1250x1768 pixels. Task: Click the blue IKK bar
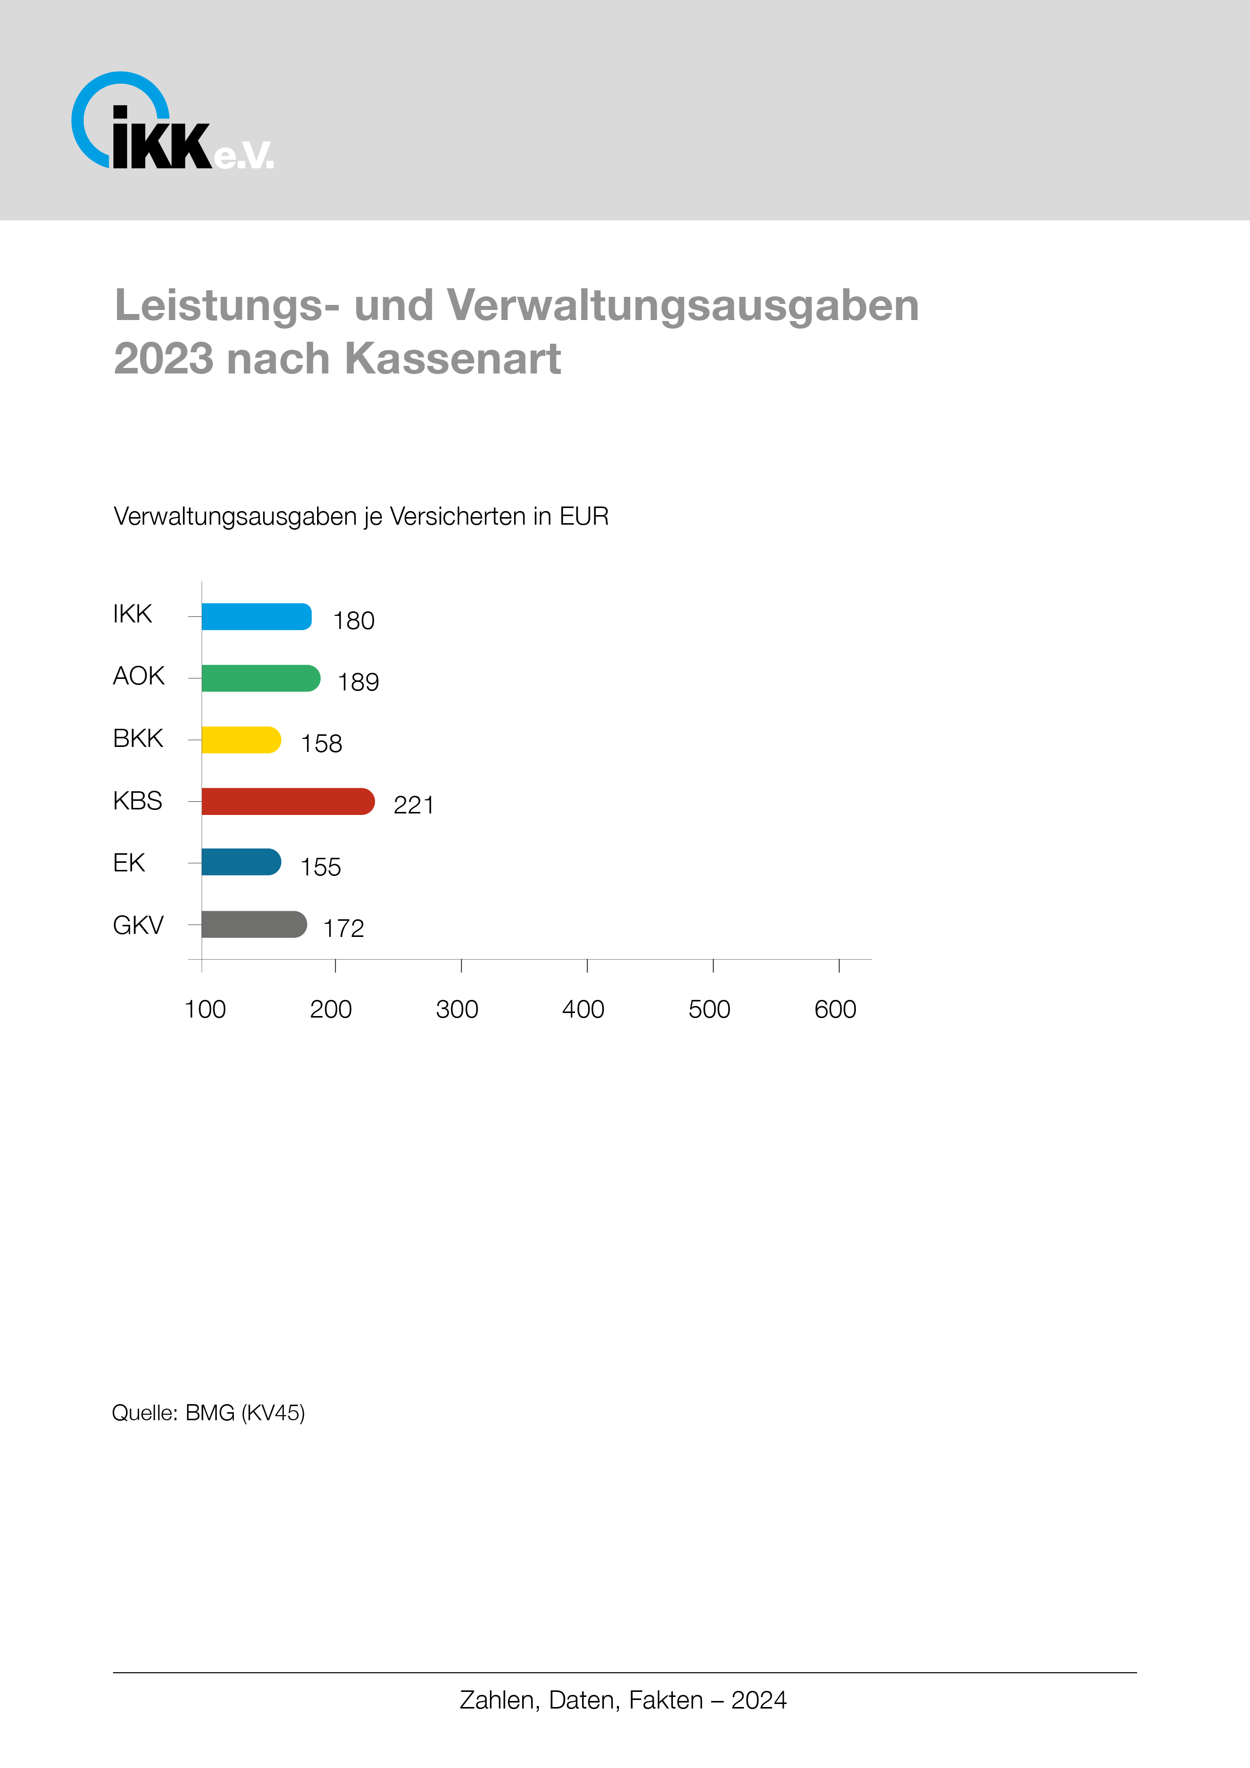(x=257, y=617)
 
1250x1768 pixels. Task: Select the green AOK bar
(x=260, y=678)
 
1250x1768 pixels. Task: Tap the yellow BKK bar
(x=241, y=740)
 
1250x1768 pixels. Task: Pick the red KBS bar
(x=287, y=802)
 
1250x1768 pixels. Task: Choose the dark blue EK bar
(x=241, y=862)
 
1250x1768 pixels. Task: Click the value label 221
(x=414, y=805)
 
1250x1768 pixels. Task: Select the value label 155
(x=321, y=867)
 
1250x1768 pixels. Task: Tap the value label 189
(x=358, y=682)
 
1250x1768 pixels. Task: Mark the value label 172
(x=344, y=929)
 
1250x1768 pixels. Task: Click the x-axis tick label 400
(x=583, y=1009)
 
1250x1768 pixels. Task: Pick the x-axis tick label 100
(x=205, y=1009)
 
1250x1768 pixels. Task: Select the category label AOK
(x=139, y=676)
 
